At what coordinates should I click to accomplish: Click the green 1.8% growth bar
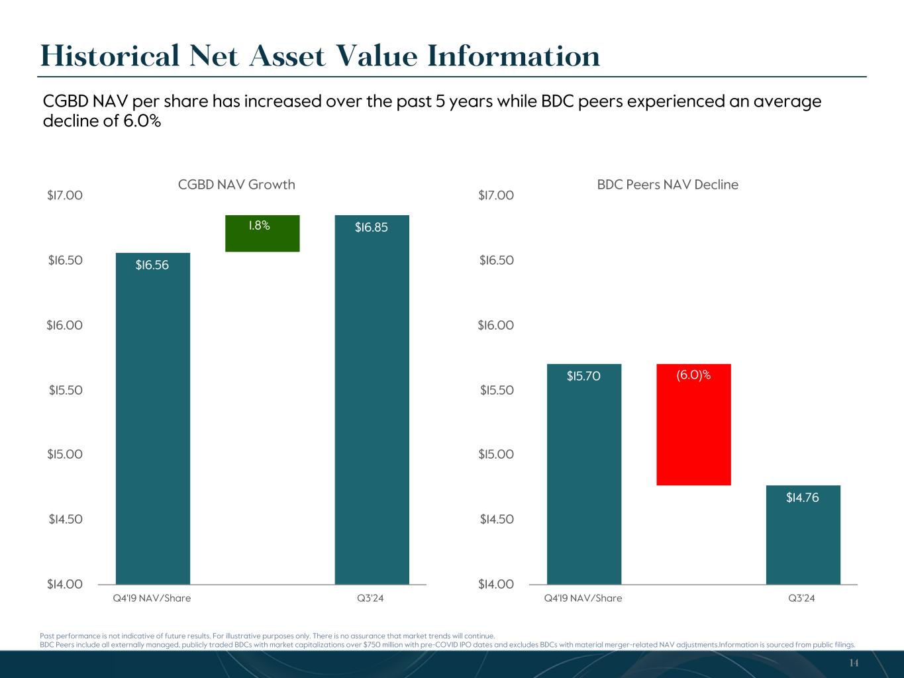[x=262, y=233]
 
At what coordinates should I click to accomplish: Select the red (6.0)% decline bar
[x=693, y=424]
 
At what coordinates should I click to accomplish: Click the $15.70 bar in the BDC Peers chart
[x=583, y=474]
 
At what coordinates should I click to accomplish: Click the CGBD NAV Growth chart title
[x=236, y=185]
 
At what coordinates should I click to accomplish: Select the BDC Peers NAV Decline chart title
[x=668, y=185]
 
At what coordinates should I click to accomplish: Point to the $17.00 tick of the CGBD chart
[x=65, y=195]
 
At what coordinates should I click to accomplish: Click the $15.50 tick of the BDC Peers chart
[x=497, y=390]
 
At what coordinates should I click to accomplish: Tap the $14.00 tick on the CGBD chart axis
[x=65, y=584]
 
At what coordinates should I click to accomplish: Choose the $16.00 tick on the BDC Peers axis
[x=496, y=325]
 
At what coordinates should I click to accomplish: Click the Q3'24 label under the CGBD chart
[x=370, y=599]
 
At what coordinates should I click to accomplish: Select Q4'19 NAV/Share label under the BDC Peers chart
[x=583, y=599]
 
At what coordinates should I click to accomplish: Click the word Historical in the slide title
[x=110, y=56]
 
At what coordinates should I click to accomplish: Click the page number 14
[x=854, y=663]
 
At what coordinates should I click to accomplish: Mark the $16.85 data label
[x=372, y=228]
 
